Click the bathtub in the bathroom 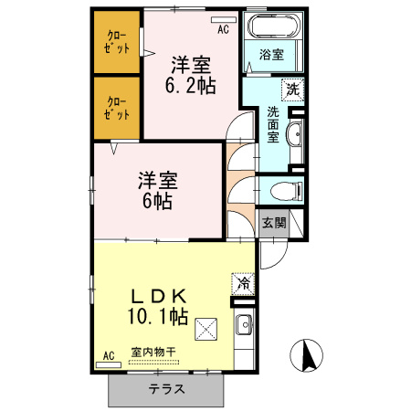[x=274, y=26]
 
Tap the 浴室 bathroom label [x=271, y=55]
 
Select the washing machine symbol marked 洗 [x=293, y=90]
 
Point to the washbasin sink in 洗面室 [x=294, y=133]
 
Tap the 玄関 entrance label [x=274, y=223]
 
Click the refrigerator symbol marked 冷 [x=243, y=284]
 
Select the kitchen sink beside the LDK [x=245, y=324]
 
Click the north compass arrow [x=308, y=356]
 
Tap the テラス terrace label [x=166, y=389]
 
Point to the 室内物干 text [x=153, y=353]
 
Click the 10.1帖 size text [x=158, y=316]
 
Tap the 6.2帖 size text [x=191, y=85]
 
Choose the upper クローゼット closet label [x=117, y=42]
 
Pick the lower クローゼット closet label [x=117, y=108]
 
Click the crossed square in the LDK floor [x=206, y=329]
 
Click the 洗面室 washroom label [x=273, y=124]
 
